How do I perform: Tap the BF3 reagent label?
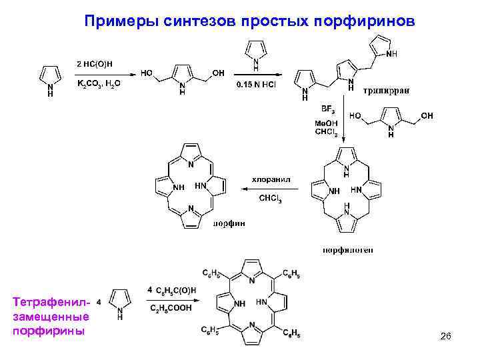coord(327,108)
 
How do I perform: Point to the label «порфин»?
coord(228,223)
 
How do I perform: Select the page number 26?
coord(446,339)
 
